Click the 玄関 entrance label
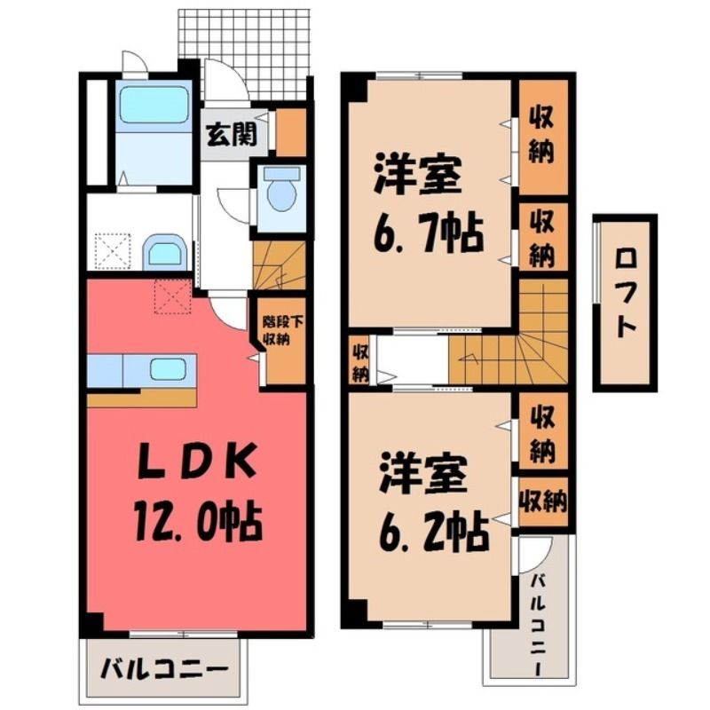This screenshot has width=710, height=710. point(232,134)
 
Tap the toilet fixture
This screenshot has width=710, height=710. point(281,190)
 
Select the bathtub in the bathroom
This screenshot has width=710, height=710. point(154,105)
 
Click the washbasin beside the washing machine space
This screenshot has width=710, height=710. point(165,252)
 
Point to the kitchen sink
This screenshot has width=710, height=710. point(167,369)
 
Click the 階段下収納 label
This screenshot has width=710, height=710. point(283,331)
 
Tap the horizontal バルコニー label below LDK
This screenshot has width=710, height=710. point(163,669)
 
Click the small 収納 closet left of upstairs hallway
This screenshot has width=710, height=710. point(360,363)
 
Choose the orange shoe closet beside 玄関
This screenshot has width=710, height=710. point(291,132)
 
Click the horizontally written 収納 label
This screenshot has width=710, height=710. point(543,501)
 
